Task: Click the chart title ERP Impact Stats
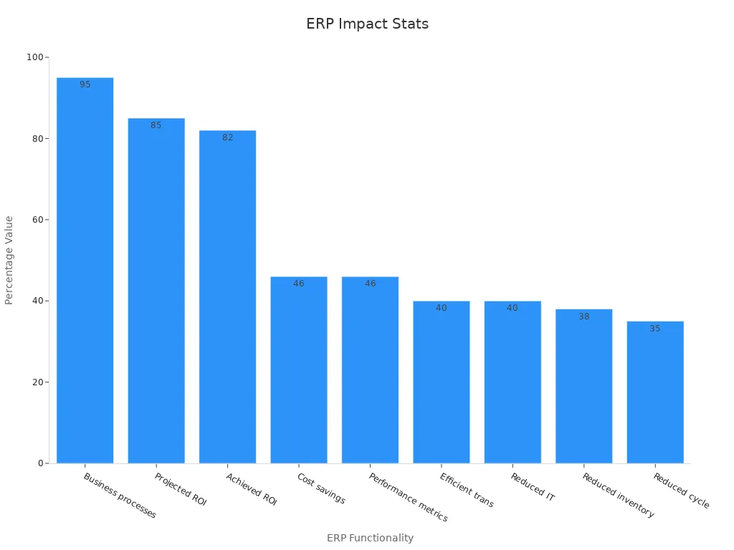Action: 367,24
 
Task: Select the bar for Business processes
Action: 85,272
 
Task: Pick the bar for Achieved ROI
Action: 227,298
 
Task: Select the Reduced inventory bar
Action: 583,387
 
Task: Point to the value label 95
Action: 85,85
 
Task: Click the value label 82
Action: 227,137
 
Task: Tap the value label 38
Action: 584,317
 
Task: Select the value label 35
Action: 655,329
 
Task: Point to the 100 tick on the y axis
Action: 34,57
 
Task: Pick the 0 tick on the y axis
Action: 41,463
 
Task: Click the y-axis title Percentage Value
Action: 9,260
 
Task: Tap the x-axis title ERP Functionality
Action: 370,538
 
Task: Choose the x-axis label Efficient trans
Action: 467,491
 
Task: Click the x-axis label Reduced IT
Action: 533,487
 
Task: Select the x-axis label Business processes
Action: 120,496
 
